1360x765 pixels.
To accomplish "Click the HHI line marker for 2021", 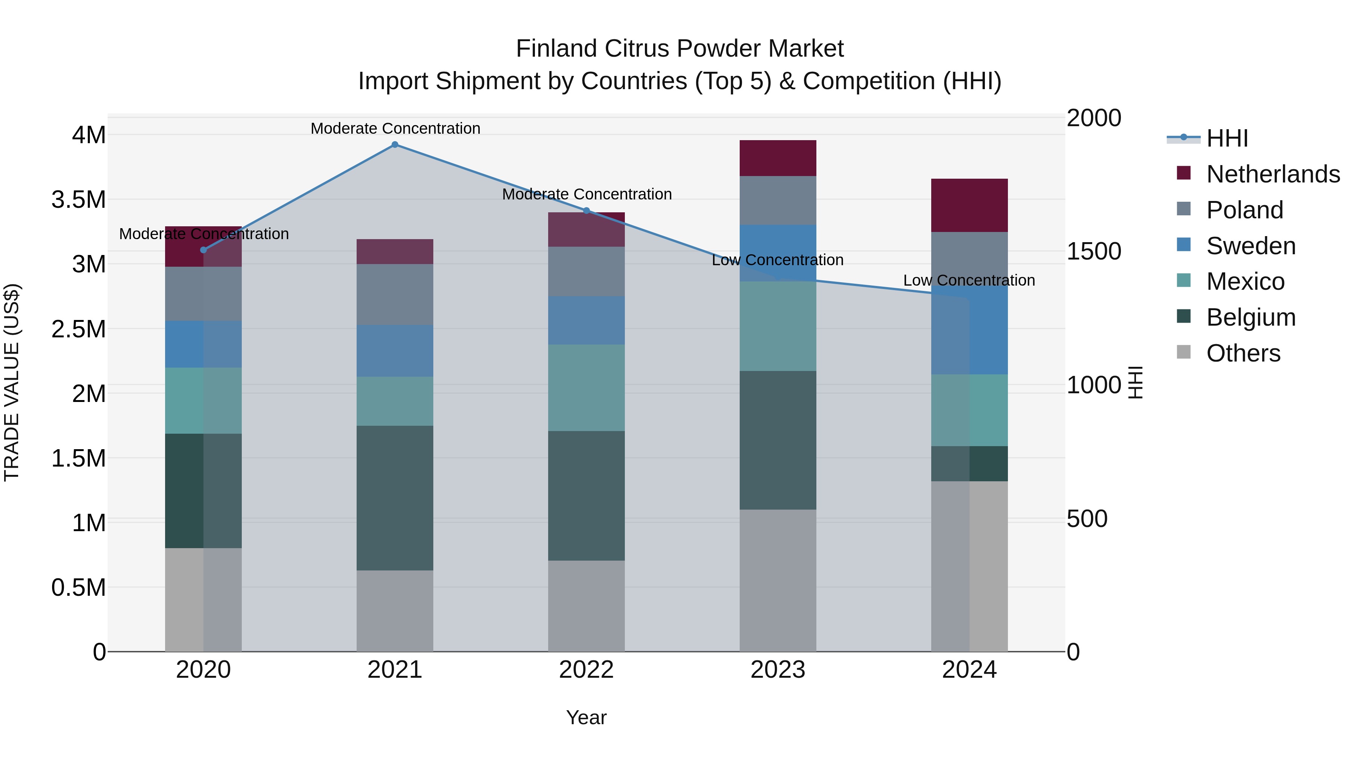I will tap(395, 145).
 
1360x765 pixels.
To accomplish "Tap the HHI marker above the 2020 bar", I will tap(203, 250).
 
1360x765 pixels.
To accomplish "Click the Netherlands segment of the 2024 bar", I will tap(969, 206).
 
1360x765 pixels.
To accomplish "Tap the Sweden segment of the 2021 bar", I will tap(395, 351).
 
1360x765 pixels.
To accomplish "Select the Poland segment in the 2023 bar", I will tap(778, 201).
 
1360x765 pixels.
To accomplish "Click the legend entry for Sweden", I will tap(1251, 246).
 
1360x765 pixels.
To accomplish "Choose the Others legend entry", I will tap(1243, 353).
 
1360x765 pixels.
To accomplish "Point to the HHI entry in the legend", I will tap(1227, 138).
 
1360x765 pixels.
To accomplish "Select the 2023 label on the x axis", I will tap(778, 670).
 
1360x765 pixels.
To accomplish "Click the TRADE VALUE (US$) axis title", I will tap(12, 382).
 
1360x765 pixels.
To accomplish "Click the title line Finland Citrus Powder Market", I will tap(680, 49).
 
